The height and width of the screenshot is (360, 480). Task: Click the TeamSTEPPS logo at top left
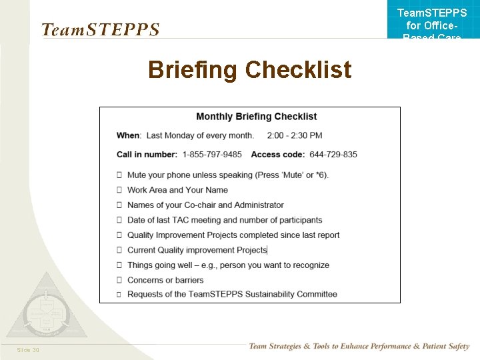100,30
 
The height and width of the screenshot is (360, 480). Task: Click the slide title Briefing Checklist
249,69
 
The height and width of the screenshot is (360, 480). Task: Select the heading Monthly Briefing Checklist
256,117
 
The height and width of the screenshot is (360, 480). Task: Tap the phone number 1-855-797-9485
212,154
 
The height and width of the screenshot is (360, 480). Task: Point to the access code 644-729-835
333,154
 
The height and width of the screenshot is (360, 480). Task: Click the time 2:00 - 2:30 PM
294,135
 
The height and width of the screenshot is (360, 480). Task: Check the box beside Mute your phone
119,175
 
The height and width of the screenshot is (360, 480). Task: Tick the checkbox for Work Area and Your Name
119,190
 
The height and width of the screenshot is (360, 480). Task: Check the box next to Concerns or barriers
119,280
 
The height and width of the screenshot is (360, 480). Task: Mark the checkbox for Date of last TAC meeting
119,220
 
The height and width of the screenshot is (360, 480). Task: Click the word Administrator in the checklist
259,205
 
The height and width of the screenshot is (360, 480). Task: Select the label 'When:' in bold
129,135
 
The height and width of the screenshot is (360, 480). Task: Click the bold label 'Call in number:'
147,154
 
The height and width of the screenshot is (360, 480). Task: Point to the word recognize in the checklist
309,265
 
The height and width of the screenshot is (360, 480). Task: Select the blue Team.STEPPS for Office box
432,20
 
